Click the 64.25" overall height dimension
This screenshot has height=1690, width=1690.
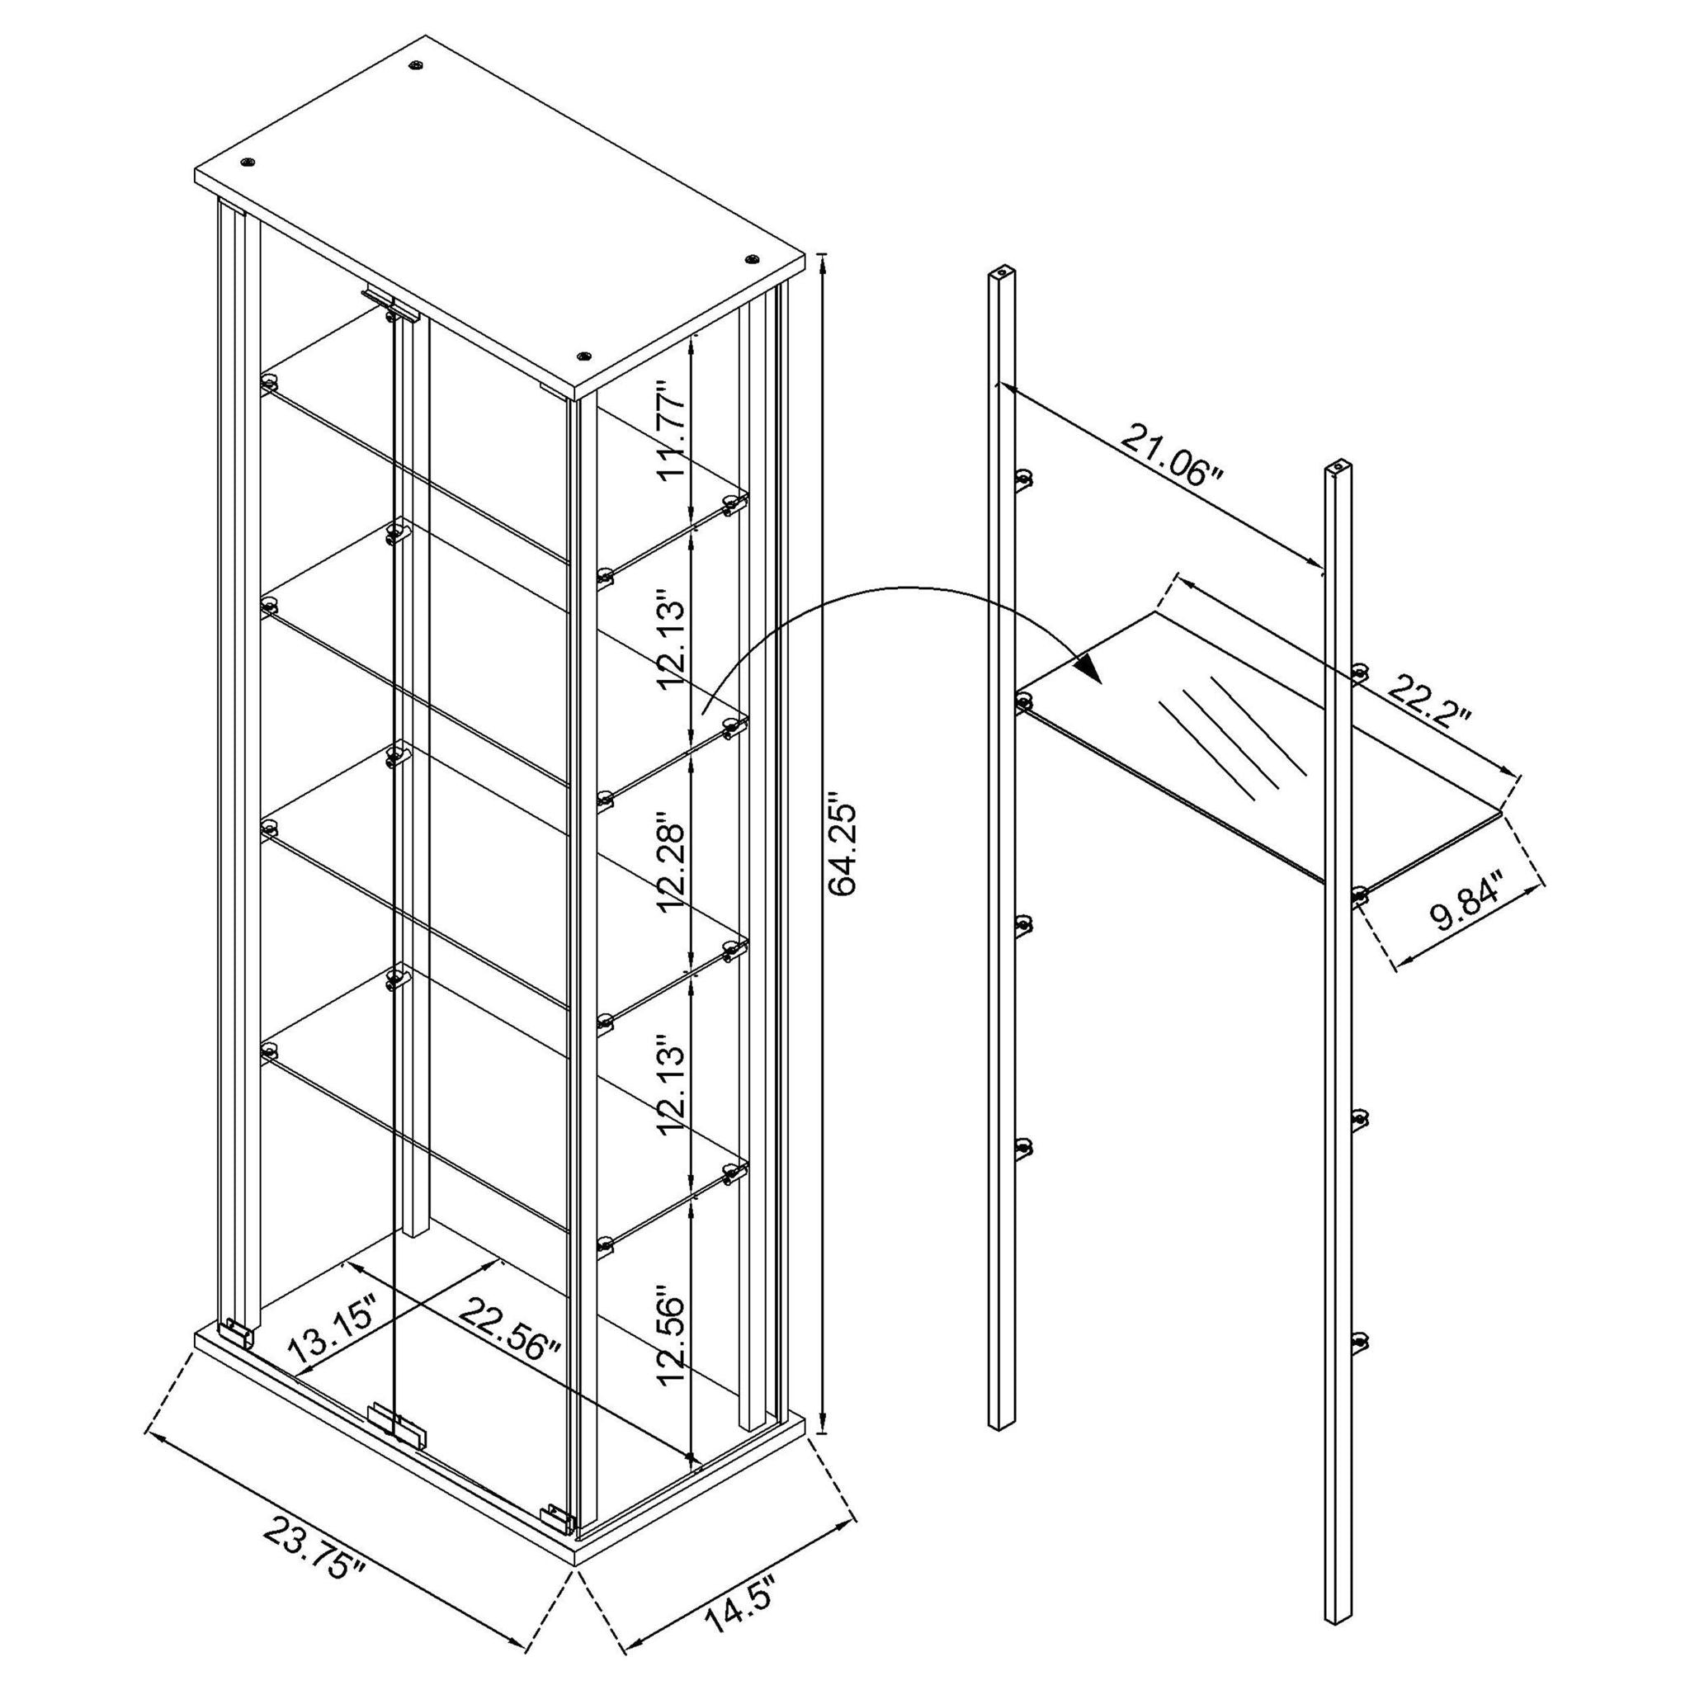coord(847,845)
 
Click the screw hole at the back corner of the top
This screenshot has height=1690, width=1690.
coord(417,64)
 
